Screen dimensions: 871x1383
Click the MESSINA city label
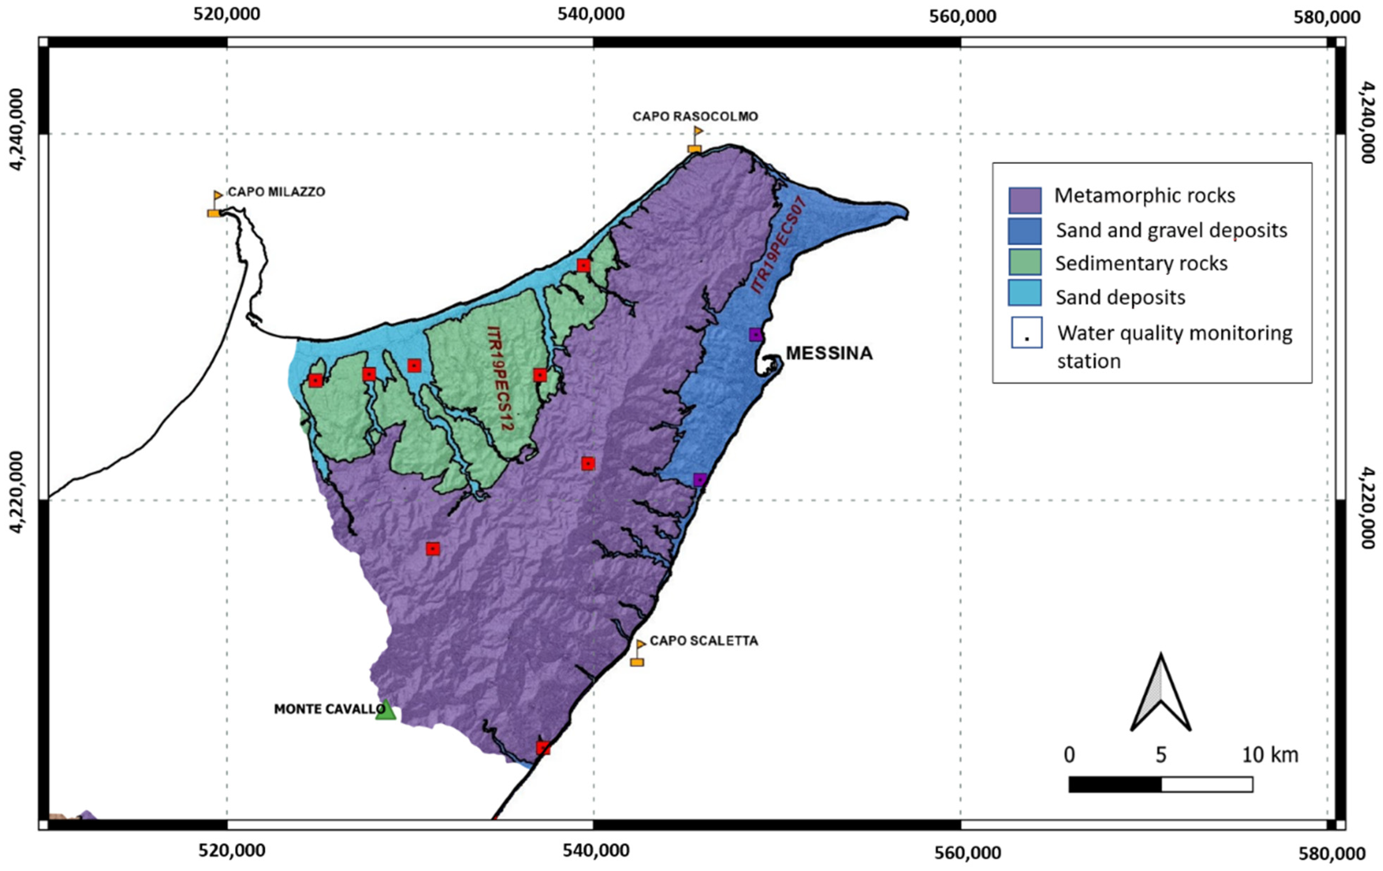[x=829, y=353]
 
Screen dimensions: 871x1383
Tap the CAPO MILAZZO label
[x=276, y=192]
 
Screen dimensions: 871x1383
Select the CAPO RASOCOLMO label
[x=695, y=116]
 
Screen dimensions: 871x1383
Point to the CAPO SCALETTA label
[x=704, y=641]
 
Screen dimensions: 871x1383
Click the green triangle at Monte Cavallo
[x=385, y=711]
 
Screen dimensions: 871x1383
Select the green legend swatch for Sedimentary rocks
[x=1025, y=262]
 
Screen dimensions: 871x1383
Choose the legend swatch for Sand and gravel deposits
[x=1025, y=231]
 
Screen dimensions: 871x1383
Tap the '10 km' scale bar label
[x=1270, y=755]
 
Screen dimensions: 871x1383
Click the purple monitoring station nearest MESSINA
[x=756, y=335]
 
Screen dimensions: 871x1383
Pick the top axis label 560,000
[x=963, y=16]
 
